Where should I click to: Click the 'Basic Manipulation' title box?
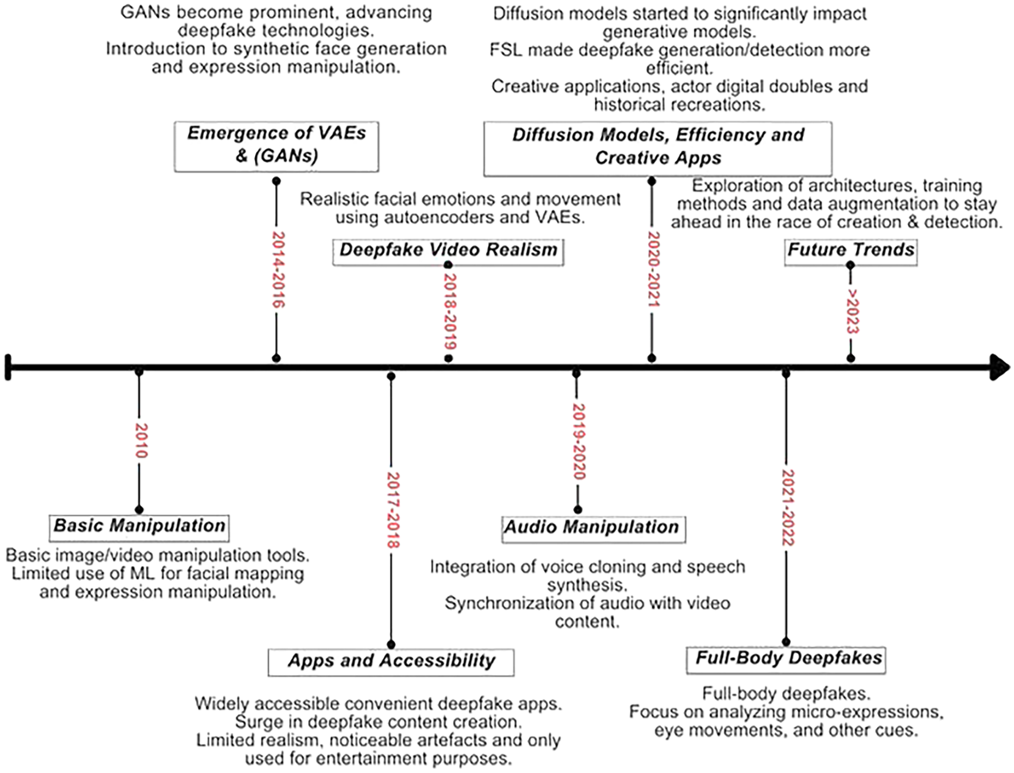139,527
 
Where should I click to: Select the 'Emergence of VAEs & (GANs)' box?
276,146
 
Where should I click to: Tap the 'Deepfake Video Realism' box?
448,250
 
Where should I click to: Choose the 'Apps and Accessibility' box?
391,662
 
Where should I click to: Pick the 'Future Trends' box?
851,250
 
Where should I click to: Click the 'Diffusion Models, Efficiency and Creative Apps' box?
657,147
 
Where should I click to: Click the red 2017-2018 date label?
392,510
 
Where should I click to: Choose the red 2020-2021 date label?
653,269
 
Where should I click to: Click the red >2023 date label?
852,312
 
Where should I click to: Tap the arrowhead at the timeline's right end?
999,367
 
